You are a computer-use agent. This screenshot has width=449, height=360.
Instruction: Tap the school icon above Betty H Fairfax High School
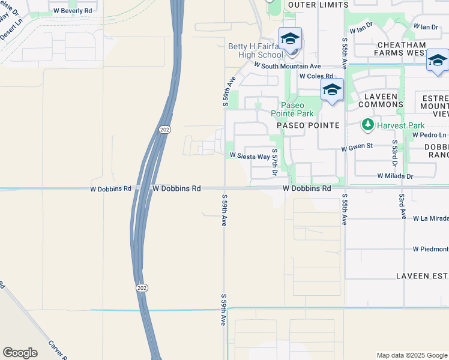[x=290, y=39]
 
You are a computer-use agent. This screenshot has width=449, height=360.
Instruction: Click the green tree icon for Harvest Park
[x=367, y=125]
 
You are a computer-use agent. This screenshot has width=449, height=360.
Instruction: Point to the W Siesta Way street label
[x=250, y=156]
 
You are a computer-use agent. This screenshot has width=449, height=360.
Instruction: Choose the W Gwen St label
[x=357, y=146]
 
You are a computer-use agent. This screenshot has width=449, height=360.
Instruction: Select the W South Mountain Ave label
[x=288, y=65]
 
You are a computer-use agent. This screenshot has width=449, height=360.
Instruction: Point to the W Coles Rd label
[x=311, y=76]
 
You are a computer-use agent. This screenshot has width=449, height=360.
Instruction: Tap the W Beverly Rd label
[x=73, y=11]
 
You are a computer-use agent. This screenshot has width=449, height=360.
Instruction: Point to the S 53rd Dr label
[x=395, y=155]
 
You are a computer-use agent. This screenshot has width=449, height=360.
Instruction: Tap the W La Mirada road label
[x=430, y=218]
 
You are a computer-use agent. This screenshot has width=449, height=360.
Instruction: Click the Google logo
[x=20, y=353]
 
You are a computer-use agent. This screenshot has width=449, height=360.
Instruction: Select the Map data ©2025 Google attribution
[x=412, y=355]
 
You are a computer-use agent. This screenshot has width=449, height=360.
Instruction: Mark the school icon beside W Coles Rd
[x=332, y=90]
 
